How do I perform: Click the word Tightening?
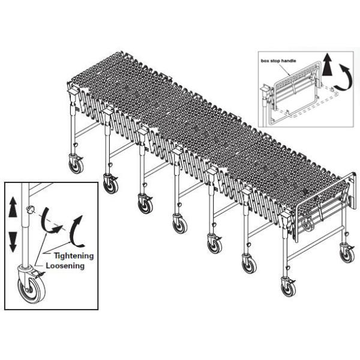tap(74, 256)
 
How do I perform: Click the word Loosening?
tap(65, 266)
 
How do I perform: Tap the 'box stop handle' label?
tap(278, 61)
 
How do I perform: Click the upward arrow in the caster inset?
tap(13, 207)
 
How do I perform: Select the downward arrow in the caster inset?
tap(13, 242)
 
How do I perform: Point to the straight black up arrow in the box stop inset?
tap(327, 65)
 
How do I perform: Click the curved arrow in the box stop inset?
tap(344, 77)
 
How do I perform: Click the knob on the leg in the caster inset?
tap(30, 209)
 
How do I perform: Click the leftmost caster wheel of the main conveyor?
tap(76, 166)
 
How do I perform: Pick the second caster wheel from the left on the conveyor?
tap(111, 185)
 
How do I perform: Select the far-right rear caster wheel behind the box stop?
tap(347, 255)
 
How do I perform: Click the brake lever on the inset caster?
tap(38, 273)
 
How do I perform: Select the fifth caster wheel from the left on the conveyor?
tap(215, 245)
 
